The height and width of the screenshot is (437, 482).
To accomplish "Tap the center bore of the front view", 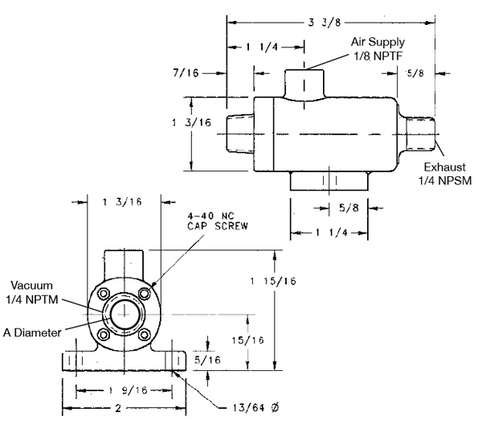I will click(123, 312).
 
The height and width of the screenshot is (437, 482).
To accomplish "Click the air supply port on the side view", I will click(304, 83).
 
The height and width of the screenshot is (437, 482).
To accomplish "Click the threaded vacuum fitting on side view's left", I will click(239, 133).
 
